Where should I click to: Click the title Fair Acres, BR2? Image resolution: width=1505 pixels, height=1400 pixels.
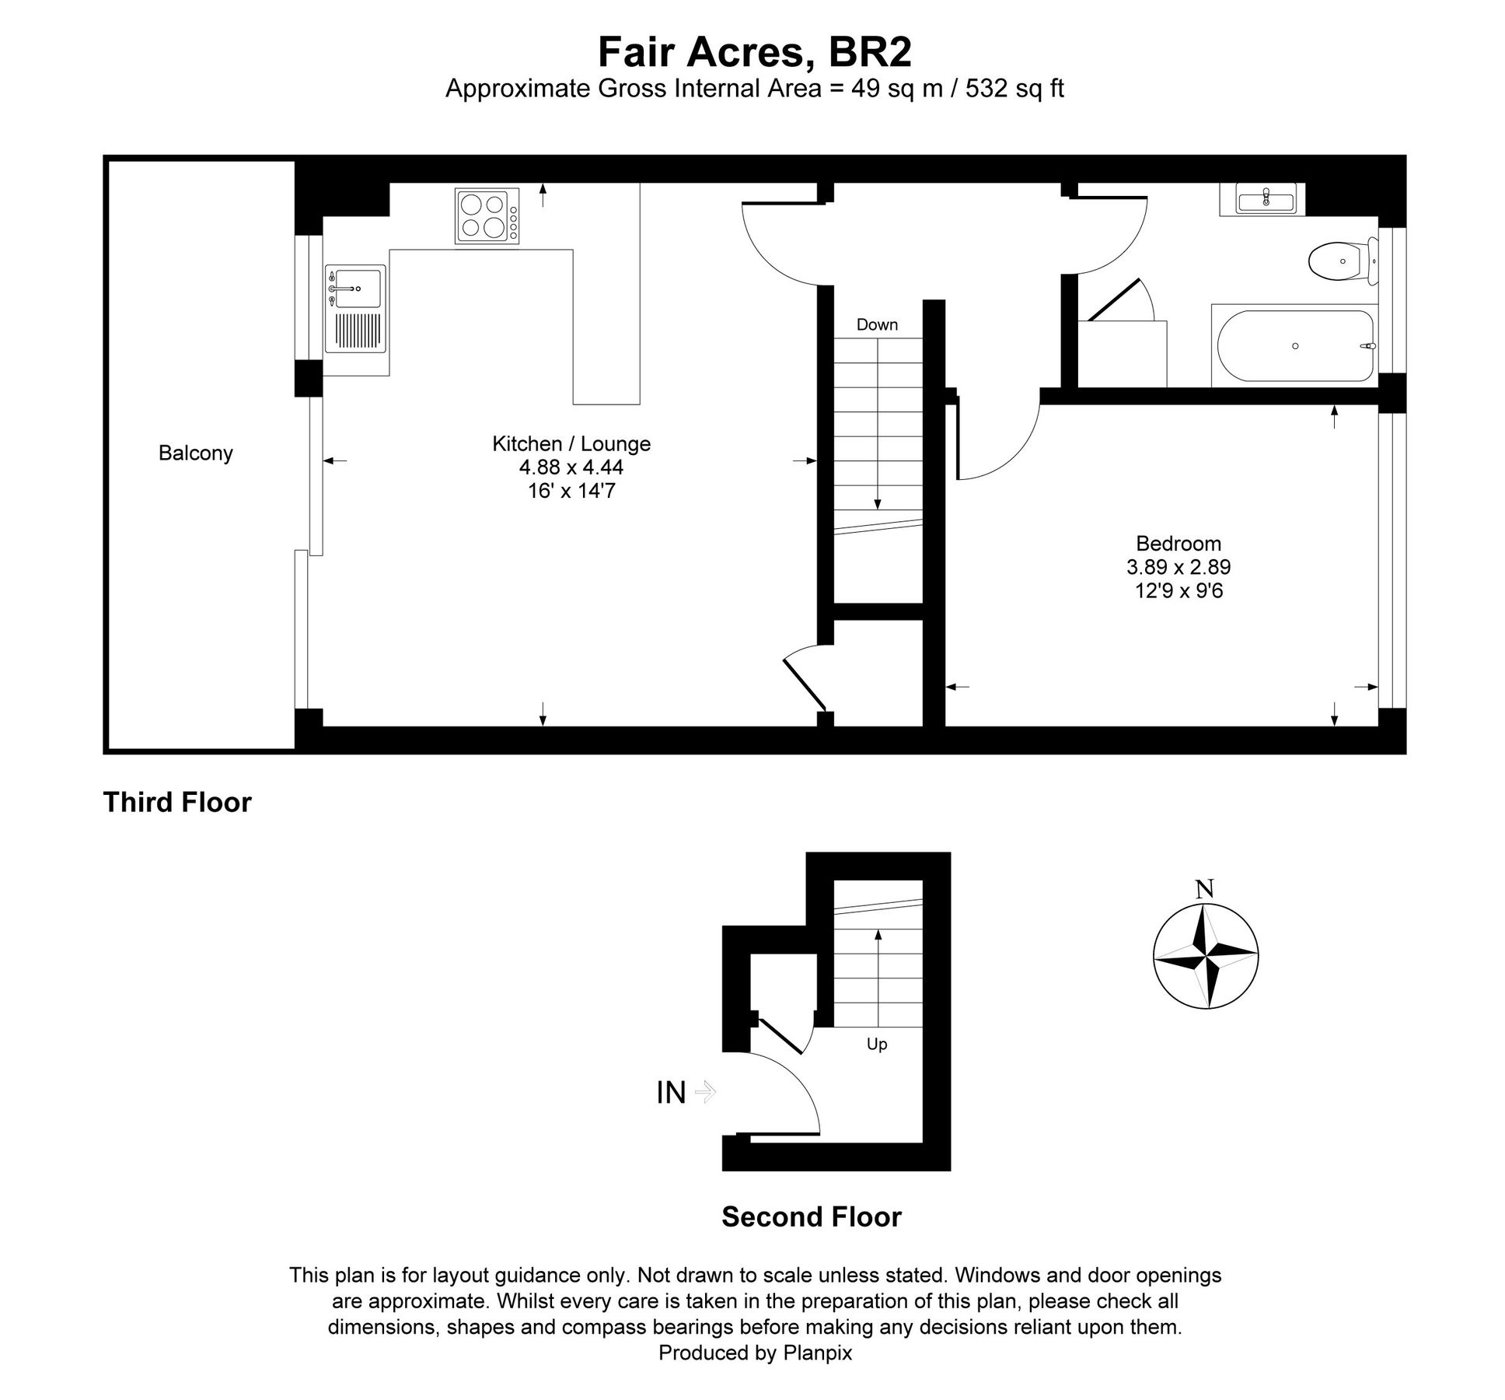[753, 53]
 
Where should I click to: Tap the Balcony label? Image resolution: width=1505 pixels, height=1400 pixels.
[195, 453]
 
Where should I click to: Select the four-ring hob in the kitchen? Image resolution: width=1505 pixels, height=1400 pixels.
[486, 216]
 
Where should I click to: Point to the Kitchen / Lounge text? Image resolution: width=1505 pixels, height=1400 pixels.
[571, 443]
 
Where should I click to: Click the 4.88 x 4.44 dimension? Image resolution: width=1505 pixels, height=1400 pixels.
[571, 467]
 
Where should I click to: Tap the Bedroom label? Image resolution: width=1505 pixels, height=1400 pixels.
[1178, 543]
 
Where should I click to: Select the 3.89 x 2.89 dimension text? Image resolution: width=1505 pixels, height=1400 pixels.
[1178, 567]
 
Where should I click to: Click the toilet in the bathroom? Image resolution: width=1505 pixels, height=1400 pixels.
[1339, 261]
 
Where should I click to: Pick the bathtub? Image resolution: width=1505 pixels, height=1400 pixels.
[1295, 346]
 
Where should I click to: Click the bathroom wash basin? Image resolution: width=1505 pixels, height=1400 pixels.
[1266, 201]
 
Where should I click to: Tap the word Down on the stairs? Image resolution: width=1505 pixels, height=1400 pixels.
[877, 324]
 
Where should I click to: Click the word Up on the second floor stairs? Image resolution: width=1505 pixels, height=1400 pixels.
[877, 1044]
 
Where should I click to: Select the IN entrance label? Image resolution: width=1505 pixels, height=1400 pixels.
[671, 1093]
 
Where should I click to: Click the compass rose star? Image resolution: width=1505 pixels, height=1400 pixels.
[1205, 955]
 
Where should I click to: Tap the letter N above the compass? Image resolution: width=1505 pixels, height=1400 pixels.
[1204, 888]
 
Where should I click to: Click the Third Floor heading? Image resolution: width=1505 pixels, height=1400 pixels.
[177, 802]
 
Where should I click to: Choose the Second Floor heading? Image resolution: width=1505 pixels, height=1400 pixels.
[811, 1216]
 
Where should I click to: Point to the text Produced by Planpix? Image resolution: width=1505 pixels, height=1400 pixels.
[754, 1353]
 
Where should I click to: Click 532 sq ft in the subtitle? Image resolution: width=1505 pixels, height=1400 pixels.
[1014, 89]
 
